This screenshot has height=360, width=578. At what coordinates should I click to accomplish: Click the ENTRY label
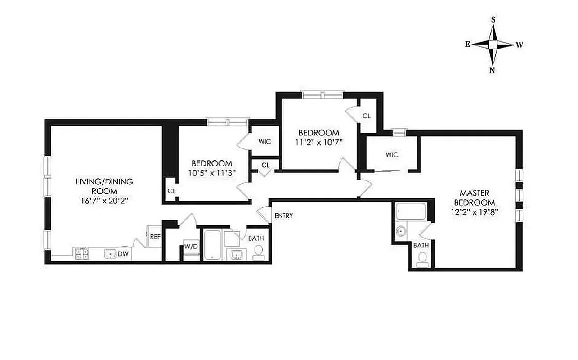coord(284,216)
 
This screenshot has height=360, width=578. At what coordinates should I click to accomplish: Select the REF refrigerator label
coord(155,237)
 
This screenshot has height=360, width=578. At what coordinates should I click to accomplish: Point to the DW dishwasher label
coord(123,254)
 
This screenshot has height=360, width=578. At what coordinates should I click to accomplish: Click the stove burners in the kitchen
coord(81,254)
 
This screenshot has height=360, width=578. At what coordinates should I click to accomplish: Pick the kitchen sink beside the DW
coord(111,254)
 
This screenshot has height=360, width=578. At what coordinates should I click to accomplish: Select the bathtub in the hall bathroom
coord(212,245)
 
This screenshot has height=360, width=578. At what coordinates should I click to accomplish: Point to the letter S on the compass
coord(493,19)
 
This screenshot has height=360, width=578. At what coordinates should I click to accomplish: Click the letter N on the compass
coord(493,70)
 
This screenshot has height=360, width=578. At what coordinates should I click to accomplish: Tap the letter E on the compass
coord(468,44)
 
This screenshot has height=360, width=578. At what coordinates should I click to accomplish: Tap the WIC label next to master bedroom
coord(392,155)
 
